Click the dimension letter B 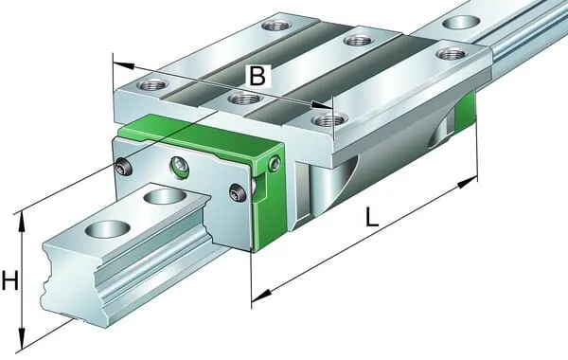coord(257,76)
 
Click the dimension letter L coord(371,216)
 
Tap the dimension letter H coord(9,280)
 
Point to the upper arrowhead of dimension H coord(22,222)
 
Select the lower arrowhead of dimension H coord(22,339)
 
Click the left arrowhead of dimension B coord(123,66)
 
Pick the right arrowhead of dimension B coord(322,105)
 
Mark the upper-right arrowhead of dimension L coord(468,182)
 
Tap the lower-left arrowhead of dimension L coord(261,296)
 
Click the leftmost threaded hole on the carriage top coord(152,85)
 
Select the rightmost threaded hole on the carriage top coord(451,54)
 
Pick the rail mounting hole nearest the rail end coord(107,229)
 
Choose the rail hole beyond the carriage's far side coord(460,23)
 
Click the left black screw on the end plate coord(124,166)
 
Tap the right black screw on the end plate coord(238,191)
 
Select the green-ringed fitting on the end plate coord(179,167)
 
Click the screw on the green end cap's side coord(275,164)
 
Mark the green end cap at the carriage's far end coord(465,112)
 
